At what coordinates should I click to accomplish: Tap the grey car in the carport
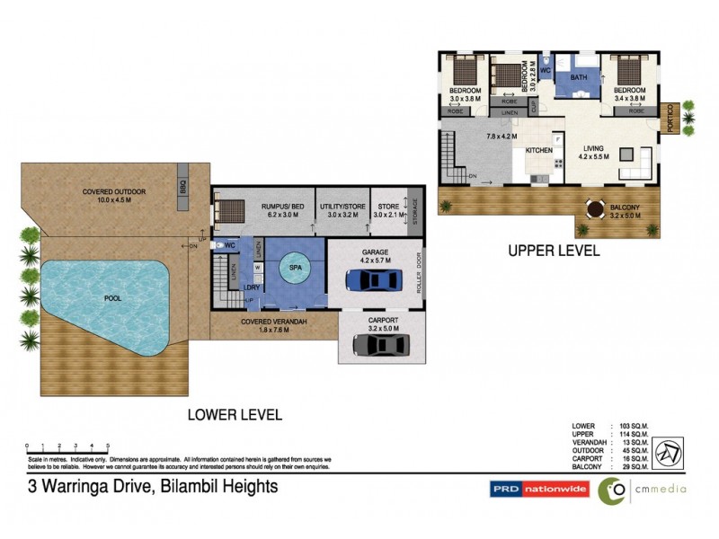tap(378, 343)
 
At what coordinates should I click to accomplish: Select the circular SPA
tap(294, 267)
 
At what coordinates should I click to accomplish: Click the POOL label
tap(113, 297)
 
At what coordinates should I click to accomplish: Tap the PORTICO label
tap(670, 118)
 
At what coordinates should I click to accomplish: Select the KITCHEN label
tap(538, 150)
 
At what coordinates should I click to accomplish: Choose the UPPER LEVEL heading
tap(553, 252)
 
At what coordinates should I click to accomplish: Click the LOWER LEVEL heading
tap(234, 415)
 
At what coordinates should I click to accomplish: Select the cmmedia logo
tap(642, 490)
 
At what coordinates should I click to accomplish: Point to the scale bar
tap(67, 446)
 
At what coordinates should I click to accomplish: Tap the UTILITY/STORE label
tap(342, 206)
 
